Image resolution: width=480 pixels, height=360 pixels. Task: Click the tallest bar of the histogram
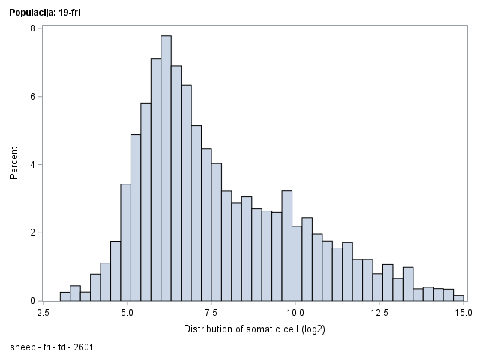166,169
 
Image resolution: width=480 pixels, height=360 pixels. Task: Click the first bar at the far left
65,296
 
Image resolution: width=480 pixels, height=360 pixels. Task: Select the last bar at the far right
458,298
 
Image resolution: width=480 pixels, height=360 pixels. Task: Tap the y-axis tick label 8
31,28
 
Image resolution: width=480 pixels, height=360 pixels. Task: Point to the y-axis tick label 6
31,97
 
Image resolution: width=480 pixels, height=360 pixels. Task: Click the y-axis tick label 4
31,165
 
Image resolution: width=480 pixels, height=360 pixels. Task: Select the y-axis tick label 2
31,232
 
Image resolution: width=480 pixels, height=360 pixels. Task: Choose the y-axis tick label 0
31,301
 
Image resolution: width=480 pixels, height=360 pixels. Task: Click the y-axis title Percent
13,164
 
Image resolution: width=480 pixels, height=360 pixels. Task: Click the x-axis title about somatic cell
253,328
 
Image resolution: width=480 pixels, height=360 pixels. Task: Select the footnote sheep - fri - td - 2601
52,347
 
